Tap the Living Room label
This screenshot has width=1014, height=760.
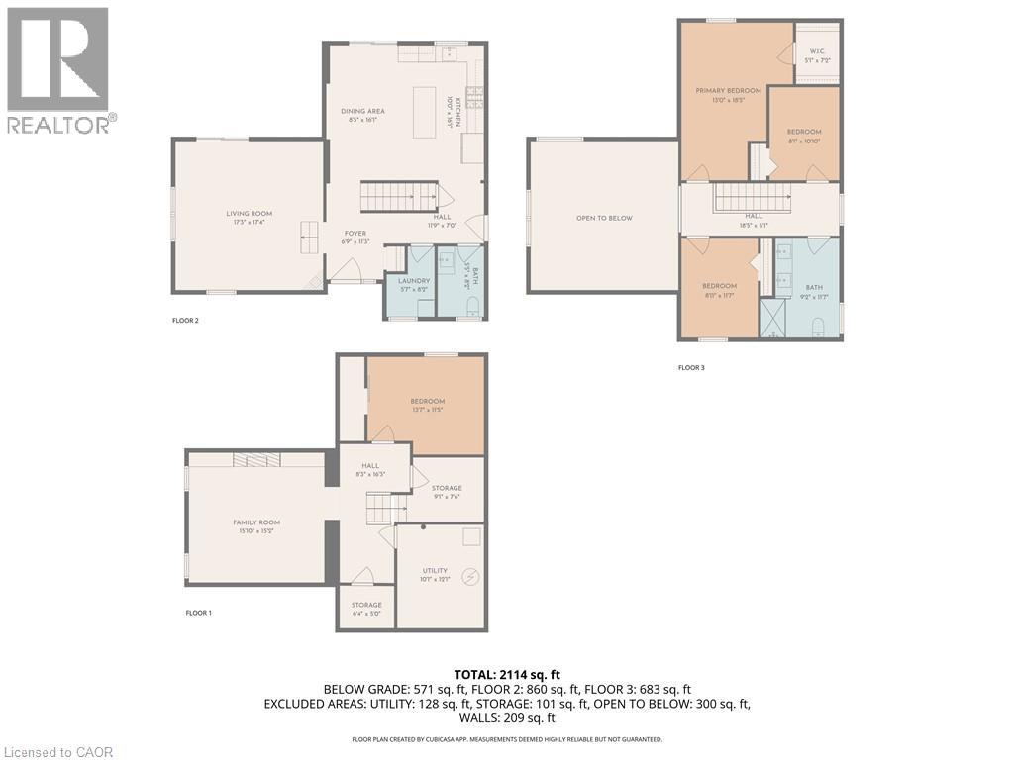[249, 214]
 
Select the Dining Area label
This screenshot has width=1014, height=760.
[362, 111]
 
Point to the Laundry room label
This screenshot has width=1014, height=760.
[414, 281]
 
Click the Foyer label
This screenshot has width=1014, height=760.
[355, 234]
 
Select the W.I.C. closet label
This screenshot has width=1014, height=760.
[817, 50]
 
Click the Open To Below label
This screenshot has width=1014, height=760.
[604, 218]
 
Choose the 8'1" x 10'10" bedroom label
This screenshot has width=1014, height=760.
[804, 132]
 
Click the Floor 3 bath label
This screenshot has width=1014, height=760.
[812, 286]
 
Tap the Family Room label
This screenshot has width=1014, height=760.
[256, 522]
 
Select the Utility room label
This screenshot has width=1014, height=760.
[435, 570]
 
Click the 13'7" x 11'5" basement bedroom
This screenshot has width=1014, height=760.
[427, 401]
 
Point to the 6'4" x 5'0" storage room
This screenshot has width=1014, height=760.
[365, 605]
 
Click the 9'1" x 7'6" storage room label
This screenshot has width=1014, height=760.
[447, 488]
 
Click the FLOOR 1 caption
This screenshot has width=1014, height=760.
[198, 613]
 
